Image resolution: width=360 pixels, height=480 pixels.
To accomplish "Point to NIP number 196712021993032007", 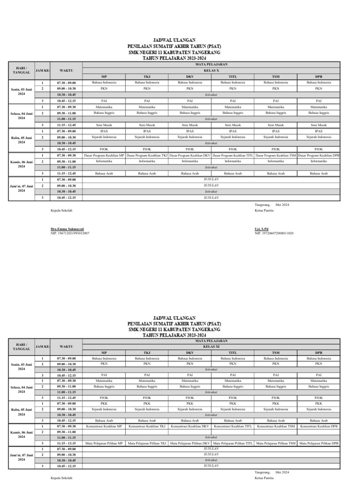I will point(70,232).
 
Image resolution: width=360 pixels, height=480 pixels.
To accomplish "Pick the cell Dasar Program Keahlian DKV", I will point(190,155).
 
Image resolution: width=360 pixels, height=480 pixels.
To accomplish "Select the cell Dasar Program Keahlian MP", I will point(104,155).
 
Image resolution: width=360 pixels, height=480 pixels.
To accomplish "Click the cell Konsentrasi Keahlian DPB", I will point(319,426).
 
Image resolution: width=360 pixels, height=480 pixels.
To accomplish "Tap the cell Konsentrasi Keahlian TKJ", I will point(147,426).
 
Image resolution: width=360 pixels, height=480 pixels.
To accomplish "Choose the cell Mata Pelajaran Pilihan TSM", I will point(276,443).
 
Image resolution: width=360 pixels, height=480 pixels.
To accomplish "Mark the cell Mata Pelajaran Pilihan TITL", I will point(232,443).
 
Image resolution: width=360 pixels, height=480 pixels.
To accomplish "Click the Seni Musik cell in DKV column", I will point(190,125).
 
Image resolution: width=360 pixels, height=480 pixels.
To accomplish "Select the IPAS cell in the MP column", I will point(104,131).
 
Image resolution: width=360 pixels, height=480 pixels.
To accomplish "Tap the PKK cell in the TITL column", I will point(232,403).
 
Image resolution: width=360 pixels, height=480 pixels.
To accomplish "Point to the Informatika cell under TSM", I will point(276,161).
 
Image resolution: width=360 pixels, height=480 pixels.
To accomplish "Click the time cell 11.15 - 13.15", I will point(66,443).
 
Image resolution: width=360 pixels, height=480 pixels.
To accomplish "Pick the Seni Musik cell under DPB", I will point(319,125).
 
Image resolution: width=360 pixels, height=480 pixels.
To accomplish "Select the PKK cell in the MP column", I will point(104,403).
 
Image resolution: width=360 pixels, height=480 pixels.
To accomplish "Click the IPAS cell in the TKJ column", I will point(147,131).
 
